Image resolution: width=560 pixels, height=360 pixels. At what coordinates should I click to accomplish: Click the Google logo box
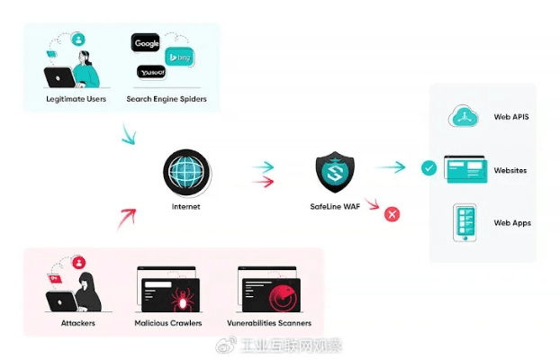pos(146,42)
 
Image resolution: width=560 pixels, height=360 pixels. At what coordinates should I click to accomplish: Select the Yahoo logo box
pos(150,72)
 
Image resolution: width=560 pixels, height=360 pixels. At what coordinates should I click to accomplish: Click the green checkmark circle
pos(429,167)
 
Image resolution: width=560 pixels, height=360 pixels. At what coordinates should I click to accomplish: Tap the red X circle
pos(392,214)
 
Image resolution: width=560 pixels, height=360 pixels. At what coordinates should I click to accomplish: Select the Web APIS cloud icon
pos(465,117)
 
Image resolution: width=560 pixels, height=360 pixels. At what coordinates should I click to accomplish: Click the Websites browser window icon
pos(465,169)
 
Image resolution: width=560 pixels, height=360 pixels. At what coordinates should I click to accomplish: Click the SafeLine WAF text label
pos(335,207)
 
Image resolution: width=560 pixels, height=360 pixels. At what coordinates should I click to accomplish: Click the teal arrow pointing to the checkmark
pos(390,166)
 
